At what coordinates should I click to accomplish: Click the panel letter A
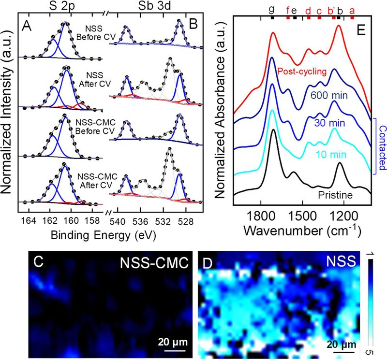(27, 26)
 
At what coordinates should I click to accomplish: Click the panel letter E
(361, 30)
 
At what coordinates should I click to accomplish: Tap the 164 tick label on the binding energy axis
(29, 220)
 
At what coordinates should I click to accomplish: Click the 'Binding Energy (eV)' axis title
(104, 235)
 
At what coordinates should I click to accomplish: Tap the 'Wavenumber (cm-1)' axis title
(302, 230)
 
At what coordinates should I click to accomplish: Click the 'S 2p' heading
(62, 6)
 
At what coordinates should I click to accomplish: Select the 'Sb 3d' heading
(154, 6)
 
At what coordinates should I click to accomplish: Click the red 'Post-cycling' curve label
(302, 72)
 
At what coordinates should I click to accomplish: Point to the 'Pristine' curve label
(335, 195)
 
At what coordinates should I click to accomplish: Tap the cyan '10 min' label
(331, 155)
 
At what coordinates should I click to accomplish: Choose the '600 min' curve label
(329, 95)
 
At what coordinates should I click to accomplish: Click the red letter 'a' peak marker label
(352, 11)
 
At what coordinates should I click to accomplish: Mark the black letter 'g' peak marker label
(272, 10)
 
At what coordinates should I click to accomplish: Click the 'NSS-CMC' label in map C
(154, 263)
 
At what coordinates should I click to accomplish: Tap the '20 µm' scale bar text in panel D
(342, 344)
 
